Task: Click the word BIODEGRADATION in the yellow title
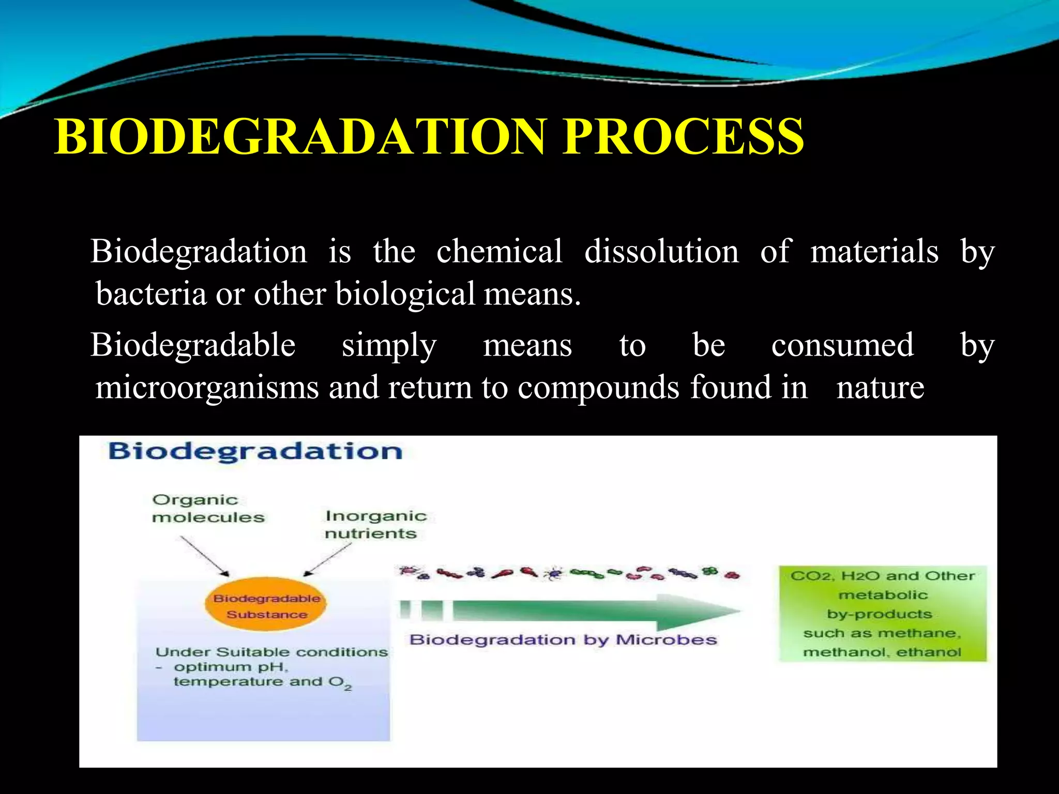pyautogui.click(x=300, y=136)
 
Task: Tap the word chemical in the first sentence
pyautogui.click(x=499, y=252)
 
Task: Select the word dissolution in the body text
pyautogui.click(x=661, y=252)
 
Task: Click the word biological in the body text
pyautogui.click(x=405, y=294)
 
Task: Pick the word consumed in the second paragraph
pyautogui.click(x=842, y=345)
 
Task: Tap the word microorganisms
pyautogui.click(x=207, y=387)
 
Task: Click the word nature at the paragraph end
pyautogui.click(x=880, y=387)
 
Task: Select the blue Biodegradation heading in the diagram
pyautogui.click(x=255, y=451)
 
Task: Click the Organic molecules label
pyautogui.click(x=208, y=509)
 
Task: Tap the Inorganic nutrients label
pyautogui.click(x=376, y=524)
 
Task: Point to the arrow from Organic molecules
pyautogui.click(x=204, y=556)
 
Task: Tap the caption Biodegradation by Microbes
pyautogui.click(x=563, y=640)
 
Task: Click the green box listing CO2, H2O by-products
pyautogui.click(x=882, y=613)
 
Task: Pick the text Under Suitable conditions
pyautogui.click(x=271, y=652)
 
